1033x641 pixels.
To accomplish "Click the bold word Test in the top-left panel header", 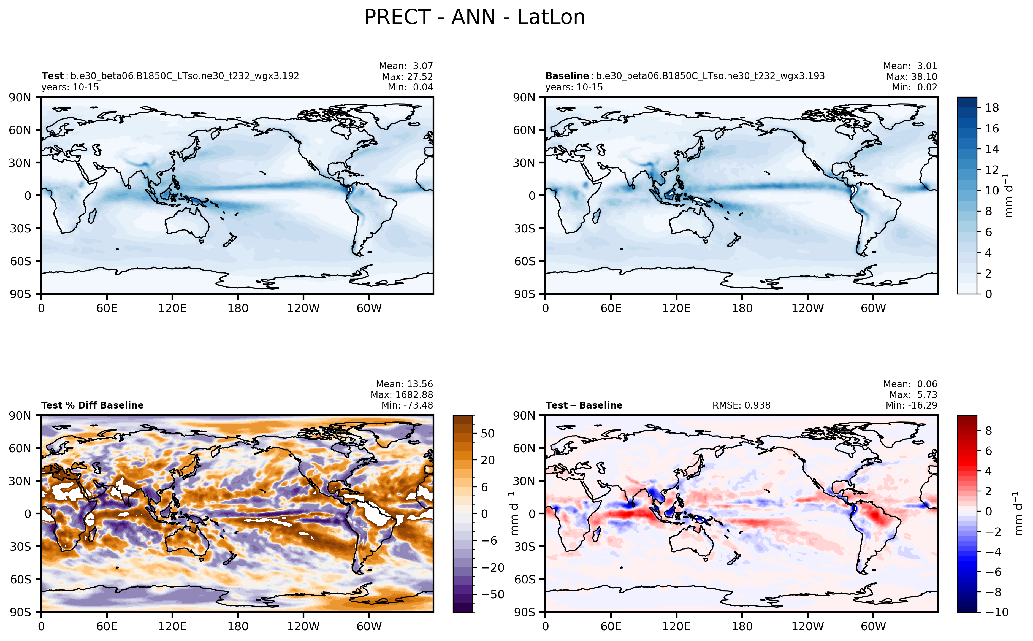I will click(x=52, y=76).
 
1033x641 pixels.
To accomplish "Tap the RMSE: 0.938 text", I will click(x=741, y=405).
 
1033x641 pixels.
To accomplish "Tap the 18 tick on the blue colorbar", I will click(x=992, y=108).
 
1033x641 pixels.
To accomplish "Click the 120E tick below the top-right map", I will click(x=676, y=308).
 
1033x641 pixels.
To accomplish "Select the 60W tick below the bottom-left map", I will click(x=369, y=626).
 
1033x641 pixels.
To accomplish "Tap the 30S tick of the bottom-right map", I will click(x=524, y=547).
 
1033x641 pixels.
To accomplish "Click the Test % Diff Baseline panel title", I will click(x=92, y=405).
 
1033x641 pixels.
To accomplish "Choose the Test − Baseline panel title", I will click(x=584, y=405).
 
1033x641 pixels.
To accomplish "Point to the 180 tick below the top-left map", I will click(x=238, y=308).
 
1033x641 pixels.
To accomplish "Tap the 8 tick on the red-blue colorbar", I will click(x=988, y=431).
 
